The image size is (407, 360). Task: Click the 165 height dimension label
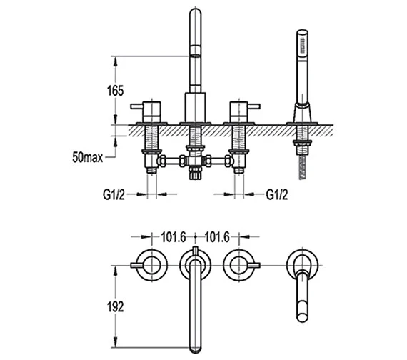[x=116, y=91]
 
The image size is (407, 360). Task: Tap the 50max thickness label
[x=88, y=157]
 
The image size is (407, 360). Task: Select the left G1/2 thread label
[x=114, y=194]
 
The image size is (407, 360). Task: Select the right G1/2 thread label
[x=277, y=194]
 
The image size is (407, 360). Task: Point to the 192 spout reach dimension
[x=116, y=307]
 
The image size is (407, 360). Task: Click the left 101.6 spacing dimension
[x=174, y=237]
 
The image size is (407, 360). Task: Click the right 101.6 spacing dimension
[x=217, y=237]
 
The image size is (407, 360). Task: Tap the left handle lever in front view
[x=137, y=106]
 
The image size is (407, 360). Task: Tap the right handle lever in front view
[x=253, y=106]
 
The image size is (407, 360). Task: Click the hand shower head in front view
[x=302, y=46]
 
